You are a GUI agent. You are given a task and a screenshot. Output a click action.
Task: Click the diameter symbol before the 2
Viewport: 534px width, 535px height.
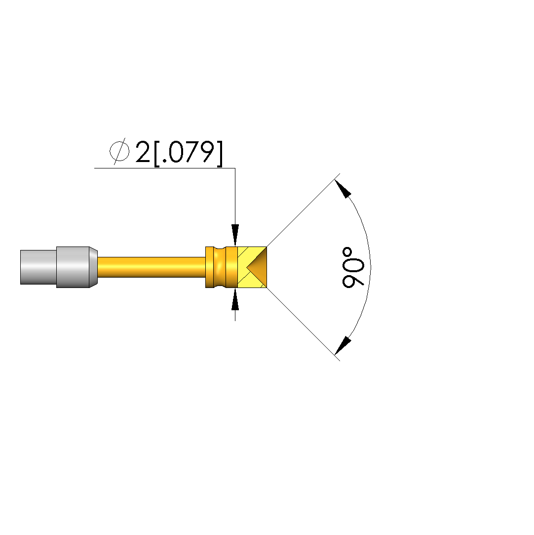coord(119,151)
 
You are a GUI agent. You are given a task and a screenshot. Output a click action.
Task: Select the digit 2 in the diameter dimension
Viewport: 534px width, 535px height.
coord(143,152)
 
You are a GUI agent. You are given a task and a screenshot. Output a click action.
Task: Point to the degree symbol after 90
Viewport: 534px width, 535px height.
coord(347,252)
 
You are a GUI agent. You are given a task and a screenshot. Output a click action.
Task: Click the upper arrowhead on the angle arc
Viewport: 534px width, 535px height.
coord(343,189)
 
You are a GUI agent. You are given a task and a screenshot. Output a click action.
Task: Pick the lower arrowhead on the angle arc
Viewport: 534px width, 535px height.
coord(343,346)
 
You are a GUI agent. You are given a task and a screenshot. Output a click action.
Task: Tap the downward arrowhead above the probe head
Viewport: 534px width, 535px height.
coord(235,235)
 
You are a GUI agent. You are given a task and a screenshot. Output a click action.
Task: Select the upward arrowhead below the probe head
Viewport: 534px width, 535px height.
coord(235,299)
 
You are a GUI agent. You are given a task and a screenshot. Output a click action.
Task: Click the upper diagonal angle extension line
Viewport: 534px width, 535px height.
coord(304,210)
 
